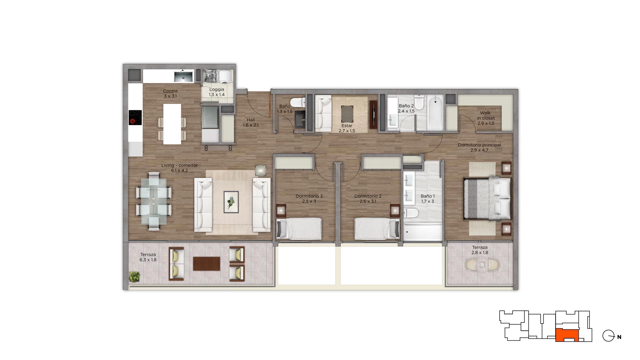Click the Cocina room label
click(170, 91)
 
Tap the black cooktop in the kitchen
click(135, 117)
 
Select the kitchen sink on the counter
click(183, 77)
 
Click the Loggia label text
click(217, 89)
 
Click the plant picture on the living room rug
click(231, 202)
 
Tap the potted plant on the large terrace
click(135, 276)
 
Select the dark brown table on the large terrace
click(207, 264)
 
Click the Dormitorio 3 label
click(309, 196)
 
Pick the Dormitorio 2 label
click(368, 196)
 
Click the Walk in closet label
click(486, 115)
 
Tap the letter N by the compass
click(619, 337)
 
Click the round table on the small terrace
click(482, 265)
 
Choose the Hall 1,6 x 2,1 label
click(251, 122)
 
